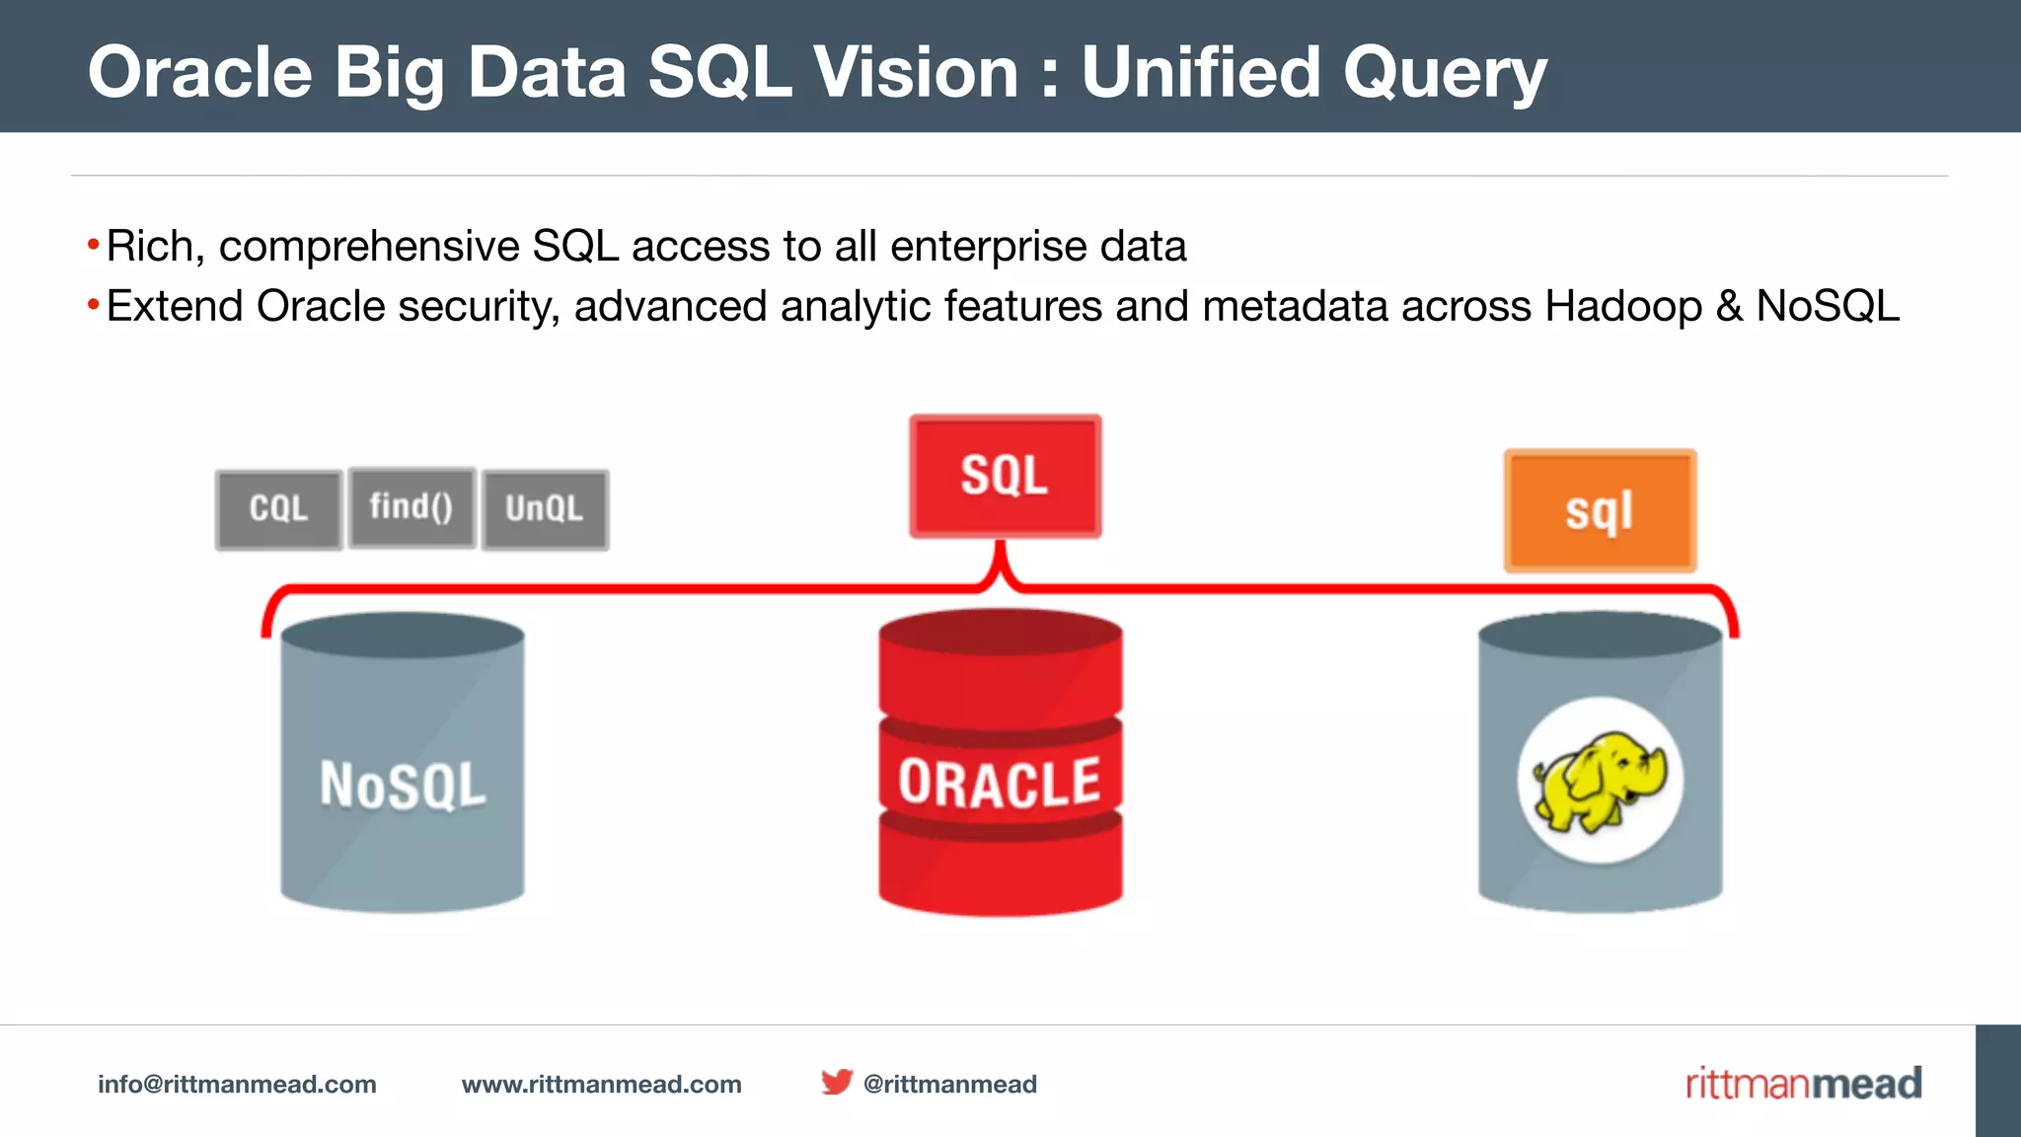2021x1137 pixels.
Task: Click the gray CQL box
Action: [x=279, y=509]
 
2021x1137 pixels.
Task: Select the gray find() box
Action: [x=412, y=507]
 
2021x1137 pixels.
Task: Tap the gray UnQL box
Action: [x=545, y=509]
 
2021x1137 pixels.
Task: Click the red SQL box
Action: [x=1005, y=476]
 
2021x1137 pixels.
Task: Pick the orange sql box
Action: [x=1600, y=511]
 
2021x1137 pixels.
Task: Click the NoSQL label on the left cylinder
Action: [x=403, y=786]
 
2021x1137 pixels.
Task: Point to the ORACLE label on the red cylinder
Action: [x=1000, y=784]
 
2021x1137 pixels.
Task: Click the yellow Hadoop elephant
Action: [x=1599, y=780]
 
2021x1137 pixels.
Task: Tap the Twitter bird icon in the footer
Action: [x=836, y=1082]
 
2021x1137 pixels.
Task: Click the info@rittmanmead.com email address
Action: [x=237, y=1084]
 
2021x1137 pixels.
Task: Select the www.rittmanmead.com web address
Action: [x=602, y=1084]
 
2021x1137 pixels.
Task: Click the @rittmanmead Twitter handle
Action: [x=949, y=1084]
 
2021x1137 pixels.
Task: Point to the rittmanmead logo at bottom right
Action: [x=1803, y=1083]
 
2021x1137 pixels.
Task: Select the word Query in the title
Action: [x=1445, y=74]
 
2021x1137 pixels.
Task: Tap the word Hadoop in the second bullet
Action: [x=1623, y=306]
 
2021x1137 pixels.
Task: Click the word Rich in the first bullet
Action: [x=149, y=246]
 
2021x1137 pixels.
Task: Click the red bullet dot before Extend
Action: [x=93, y=305]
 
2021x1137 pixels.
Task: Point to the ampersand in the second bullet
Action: [x=1729, y=306]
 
